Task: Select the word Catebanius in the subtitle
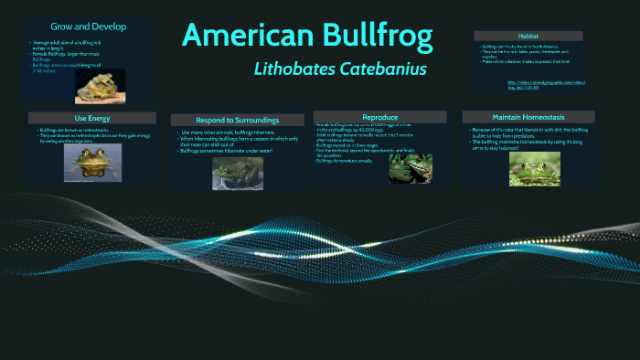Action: [x=384, y=69]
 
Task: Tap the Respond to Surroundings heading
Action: [x=237, y=120]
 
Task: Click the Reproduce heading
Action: [x=380, y=117]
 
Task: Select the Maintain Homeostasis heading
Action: [x=528, y=117]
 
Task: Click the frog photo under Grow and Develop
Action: [x=94, y=88]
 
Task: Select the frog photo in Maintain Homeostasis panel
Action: [x=534, y=168]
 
